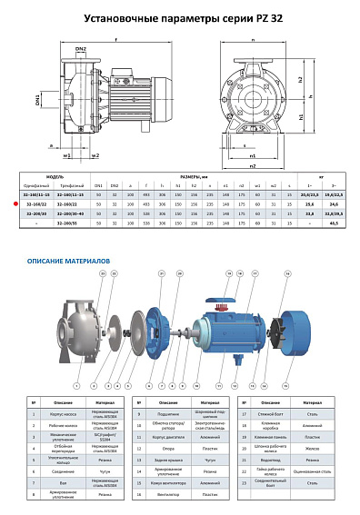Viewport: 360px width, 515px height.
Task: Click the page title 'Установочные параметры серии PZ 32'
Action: click(x=180, y=17)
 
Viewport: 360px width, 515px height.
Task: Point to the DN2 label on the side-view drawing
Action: click(x=80, y=48)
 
